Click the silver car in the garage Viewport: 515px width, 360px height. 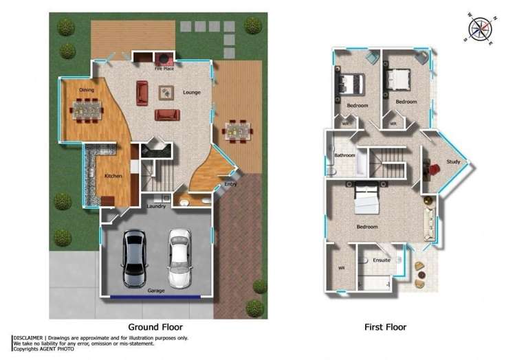pos(134,258)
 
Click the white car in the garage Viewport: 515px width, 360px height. pos(179,258)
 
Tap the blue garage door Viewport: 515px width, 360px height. pos(155,297)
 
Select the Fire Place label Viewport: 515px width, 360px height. pos(164,69)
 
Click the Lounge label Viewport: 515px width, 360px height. pos(192,93)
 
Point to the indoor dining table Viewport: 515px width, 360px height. pos(87,111)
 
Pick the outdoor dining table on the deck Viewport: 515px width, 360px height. pos(238,132)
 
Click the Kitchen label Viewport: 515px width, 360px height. pos(113,176)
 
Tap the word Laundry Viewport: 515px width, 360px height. pos(156,206)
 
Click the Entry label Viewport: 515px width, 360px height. pos(230,184)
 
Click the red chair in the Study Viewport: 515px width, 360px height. pos(434,169)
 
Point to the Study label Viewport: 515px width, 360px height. pos(453,161)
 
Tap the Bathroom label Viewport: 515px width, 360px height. pos(345,155)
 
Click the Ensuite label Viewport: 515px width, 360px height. pos(382,260)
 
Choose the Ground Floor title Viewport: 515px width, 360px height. pos(155,327)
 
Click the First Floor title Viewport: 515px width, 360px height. pos(386,327)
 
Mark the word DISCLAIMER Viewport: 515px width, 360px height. pos(28,338)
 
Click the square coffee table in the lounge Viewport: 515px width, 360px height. pos(166,93)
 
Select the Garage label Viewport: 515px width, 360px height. pos(156,291)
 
